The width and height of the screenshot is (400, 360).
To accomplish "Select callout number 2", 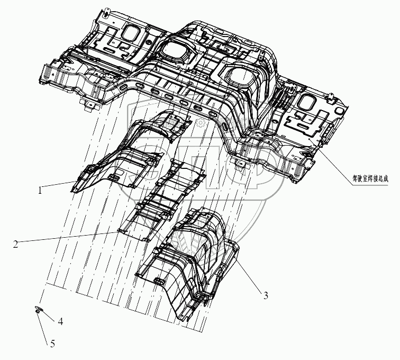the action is [16, 244].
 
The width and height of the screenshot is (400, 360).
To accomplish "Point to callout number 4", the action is [61, 321].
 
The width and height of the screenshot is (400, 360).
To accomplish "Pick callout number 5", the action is [52, 344].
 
